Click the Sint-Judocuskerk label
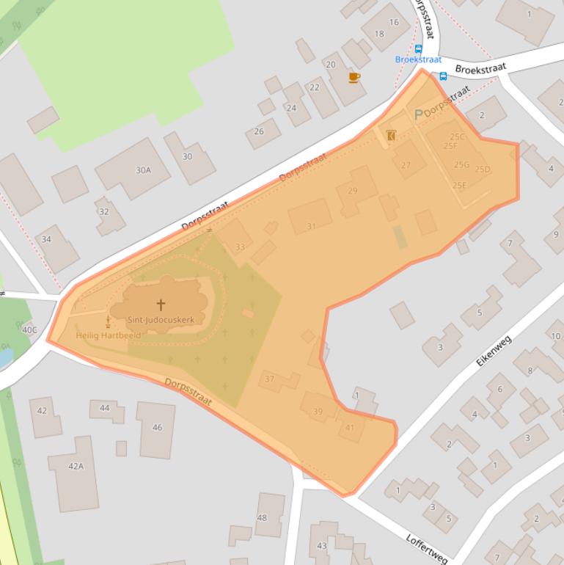click(x=161, y=320)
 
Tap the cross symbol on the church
click(x=161, y=304)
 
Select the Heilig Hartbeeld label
click(x=109, y=335)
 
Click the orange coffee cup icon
click(x=354, y=77)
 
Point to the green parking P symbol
click(x=419, y=114)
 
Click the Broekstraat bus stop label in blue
click(x=418, y=59)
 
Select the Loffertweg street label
click(x=426, y=548)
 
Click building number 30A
click(x=143, y=170)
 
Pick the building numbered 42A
click(x=76, y=466)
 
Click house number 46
click(x=157, y=427)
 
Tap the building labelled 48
click(x=262, y=518)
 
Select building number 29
click(x=353, y=192)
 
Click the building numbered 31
click(x=311, y=226)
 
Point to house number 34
click(x=47, y=239)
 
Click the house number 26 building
click(x=259, y=132)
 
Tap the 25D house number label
click(x=482, y=169)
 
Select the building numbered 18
click(x=379, y=34)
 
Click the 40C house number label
click(x=29, y=329)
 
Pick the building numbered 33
click(x=240, y=247)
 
